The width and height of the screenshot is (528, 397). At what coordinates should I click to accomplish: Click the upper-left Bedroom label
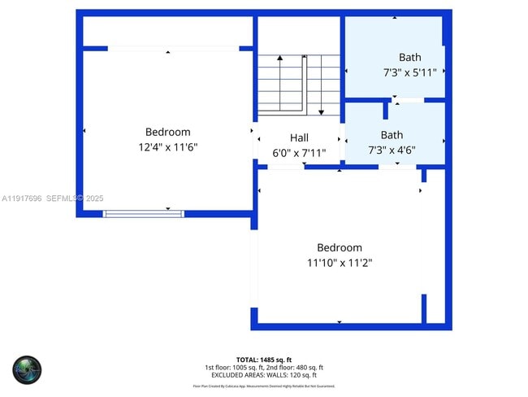point(168,132)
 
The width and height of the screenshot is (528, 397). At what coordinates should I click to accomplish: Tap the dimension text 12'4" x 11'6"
point(168,147)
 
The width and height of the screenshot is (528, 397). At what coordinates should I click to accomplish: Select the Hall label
point(299,137)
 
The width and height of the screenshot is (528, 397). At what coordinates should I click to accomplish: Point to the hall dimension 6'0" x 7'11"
point(299,152)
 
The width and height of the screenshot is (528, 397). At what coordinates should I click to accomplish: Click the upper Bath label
point(410,57)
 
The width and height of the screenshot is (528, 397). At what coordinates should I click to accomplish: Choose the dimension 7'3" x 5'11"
point(410,72)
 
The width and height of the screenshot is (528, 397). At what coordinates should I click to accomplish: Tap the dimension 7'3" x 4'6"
point(392,151)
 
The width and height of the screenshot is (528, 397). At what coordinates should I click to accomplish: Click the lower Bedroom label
point(340,247)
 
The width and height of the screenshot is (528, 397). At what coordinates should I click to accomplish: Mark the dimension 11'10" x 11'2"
point(340,263)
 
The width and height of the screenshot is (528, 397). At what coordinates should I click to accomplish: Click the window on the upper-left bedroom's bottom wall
point(144,214)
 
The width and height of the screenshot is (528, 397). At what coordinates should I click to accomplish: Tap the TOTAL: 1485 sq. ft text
point(264,359)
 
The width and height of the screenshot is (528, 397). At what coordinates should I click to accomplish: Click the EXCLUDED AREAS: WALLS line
point(264,375)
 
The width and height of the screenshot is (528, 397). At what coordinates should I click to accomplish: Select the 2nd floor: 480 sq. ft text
point(294,367)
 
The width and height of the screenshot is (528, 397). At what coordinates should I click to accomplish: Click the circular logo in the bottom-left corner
point(27,369)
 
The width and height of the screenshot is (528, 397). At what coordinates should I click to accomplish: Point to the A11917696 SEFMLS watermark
point(53,198)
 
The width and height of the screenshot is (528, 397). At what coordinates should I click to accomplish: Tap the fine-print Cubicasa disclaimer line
point(264,386)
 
